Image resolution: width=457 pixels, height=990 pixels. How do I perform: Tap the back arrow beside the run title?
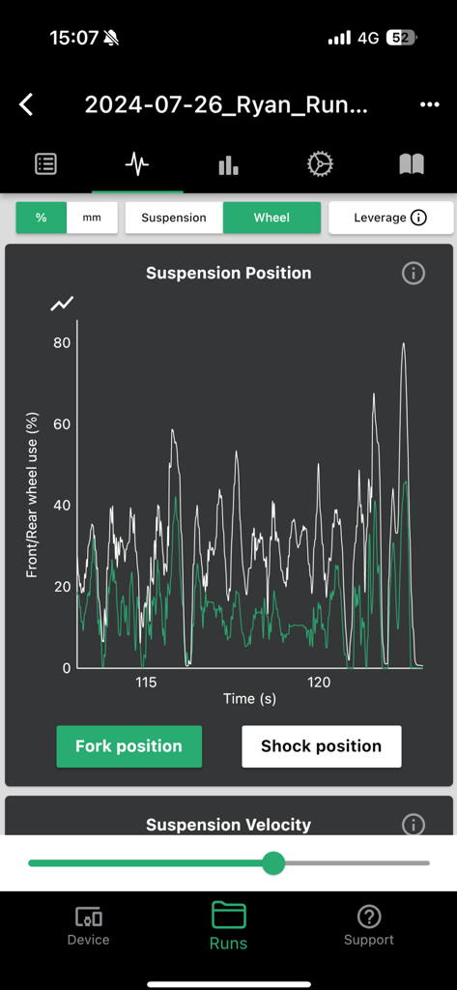27,104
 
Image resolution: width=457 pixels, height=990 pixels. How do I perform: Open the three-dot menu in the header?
430,104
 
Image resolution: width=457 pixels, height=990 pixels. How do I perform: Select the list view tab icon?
45,164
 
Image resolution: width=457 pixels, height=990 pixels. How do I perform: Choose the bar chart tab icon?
228,165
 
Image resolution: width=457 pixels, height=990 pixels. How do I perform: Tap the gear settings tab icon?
320,164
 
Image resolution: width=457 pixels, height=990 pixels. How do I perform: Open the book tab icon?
412,164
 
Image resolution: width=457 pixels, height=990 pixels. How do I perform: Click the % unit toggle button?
42,218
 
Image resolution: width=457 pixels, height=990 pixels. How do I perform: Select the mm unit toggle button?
92,218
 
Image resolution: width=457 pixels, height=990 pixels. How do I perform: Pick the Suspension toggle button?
174,218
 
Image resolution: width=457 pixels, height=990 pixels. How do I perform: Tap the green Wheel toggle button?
271,218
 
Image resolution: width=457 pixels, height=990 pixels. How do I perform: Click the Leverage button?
390,218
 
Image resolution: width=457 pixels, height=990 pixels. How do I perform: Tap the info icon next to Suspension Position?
413,274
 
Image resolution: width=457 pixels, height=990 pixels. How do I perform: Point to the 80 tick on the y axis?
62,342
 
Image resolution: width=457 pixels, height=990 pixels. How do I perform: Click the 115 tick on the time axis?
146,683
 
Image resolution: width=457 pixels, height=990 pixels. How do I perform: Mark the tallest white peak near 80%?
403,344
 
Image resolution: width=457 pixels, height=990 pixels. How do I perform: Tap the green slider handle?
273,862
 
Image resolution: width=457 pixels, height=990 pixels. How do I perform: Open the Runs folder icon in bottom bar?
229,915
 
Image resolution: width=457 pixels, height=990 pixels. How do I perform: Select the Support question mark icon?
368,916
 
